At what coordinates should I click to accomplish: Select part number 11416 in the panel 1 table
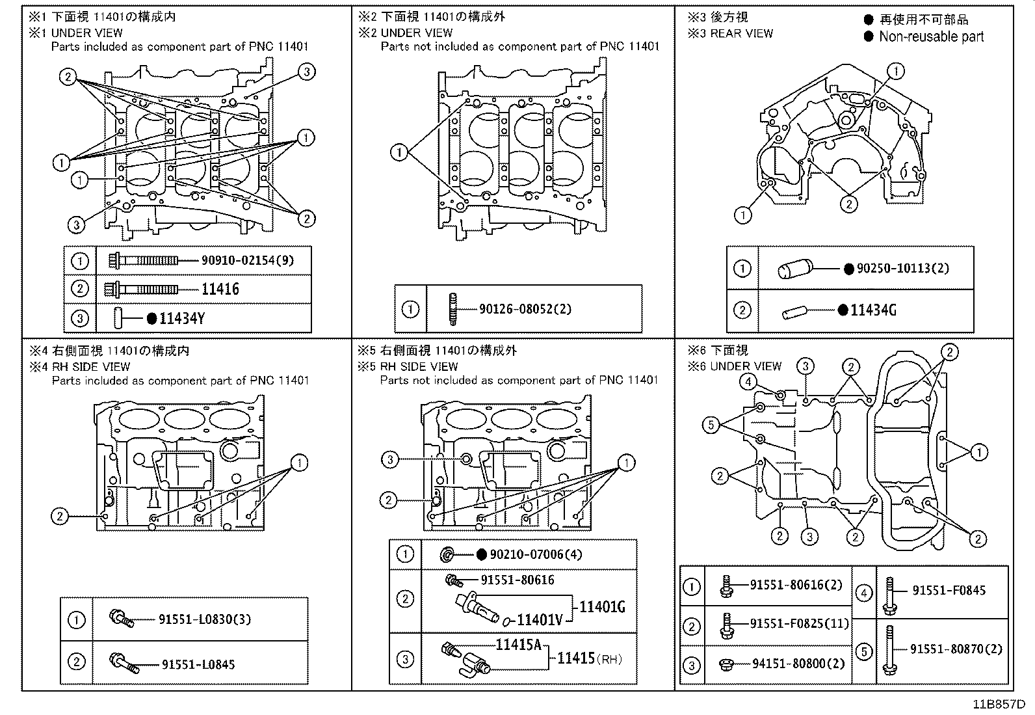point(220,289)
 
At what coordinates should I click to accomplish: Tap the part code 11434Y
point(182,318)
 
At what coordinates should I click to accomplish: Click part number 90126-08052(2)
point(525,309)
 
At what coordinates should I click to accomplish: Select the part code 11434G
point(874,310)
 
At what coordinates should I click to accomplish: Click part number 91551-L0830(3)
point(205,619)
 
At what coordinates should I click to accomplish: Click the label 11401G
point(602,607)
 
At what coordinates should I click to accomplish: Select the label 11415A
point(518,645)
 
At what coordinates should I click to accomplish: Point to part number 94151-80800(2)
point(798,664)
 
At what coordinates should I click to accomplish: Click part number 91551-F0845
point(949,591)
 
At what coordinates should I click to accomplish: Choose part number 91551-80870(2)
point(956,649)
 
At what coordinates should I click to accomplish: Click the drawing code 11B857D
point(999,705)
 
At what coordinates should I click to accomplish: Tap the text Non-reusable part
point(931,37)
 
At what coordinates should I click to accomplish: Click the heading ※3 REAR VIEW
point(731,33)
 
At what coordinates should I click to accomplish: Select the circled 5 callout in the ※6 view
point(711,425)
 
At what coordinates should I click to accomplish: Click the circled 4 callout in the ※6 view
point(748,382)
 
